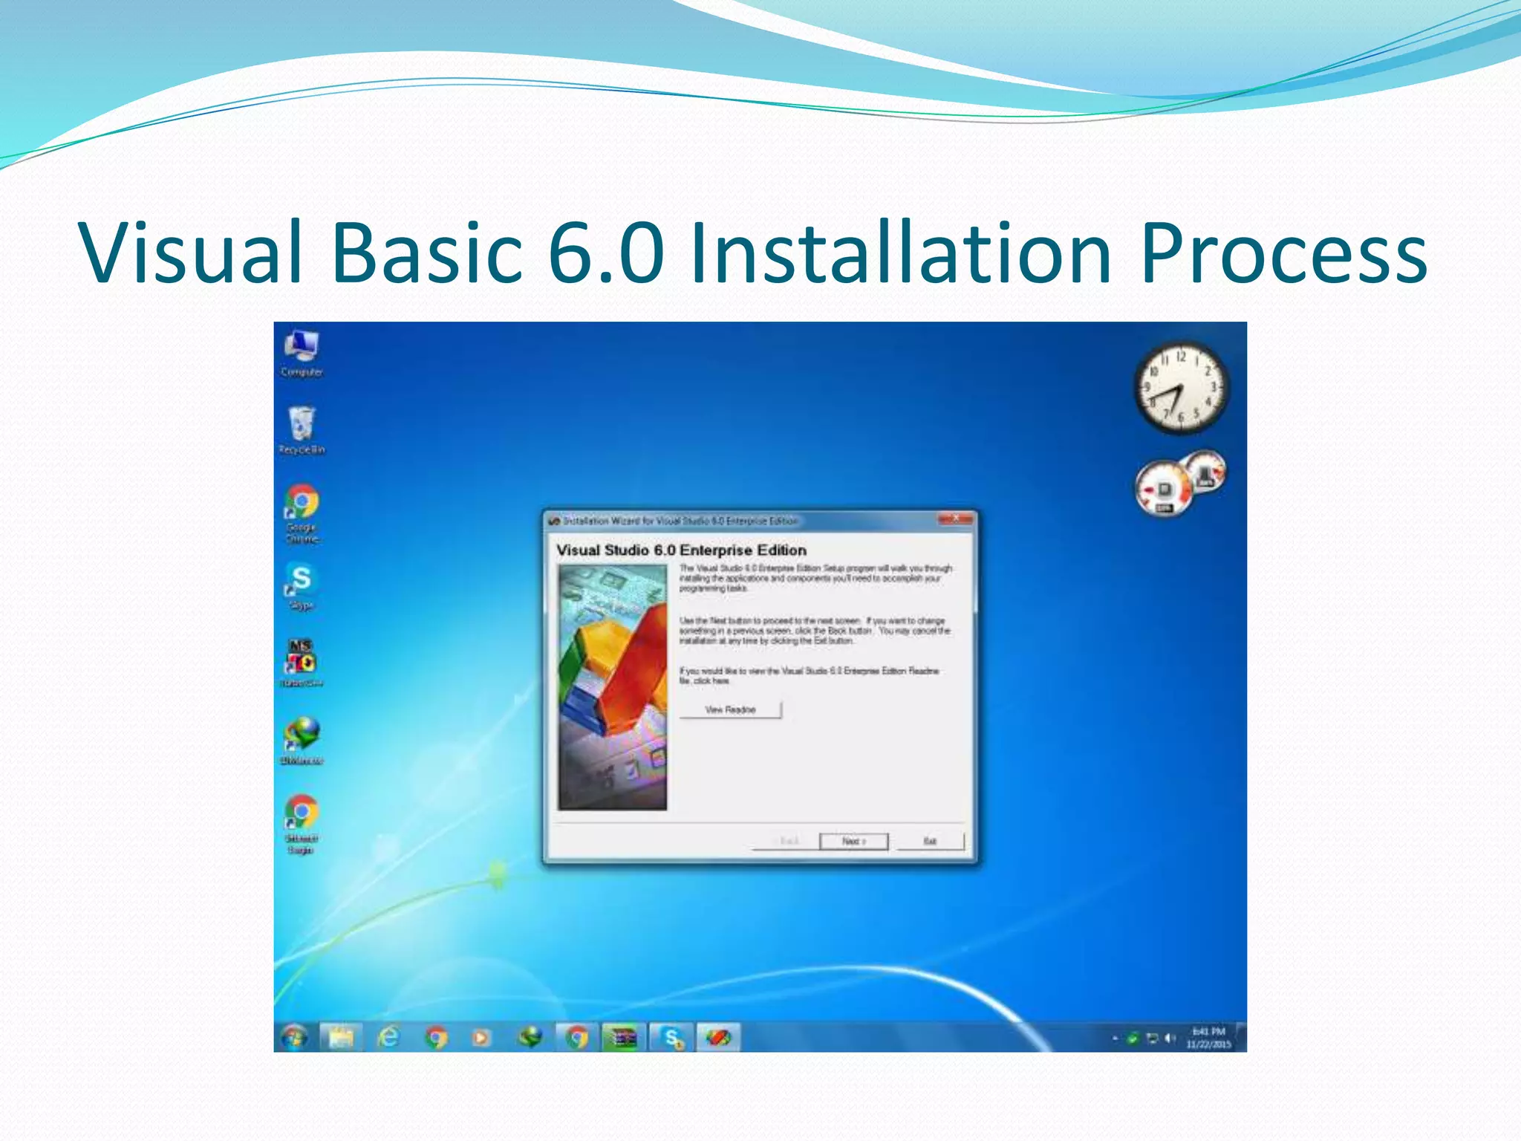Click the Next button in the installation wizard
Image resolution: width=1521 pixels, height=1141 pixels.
[853, 841]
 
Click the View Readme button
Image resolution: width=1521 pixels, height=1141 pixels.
[730, 709]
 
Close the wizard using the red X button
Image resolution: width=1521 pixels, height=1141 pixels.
[955, 519]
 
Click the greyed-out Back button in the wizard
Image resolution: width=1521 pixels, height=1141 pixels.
[786, 841]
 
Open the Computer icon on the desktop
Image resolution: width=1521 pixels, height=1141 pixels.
[302, 352]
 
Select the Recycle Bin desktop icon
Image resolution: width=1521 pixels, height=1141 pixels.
[302, 429]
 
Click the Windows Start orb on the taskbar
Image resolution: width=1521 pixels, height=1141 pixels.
[295, 1037]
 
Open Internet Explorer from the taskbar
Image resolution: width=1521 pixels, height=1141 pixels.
[388, 1037]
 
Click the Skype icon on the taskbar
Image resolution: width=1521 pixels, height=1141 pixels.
[672, 1037]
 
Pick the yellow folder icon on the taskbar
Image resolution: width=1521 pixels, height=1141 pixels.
[341, 1037]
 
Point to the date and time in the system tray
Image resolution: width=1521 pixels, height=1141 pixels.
[1208, 1038]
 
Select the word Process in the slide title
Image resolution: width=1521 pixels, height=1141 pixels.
[1283, 253]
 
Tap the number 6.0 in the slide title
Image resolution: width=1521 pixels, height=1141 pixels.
[606, 253]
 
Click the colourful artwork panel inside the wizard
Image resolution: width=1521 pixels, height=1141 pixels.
[613, 687]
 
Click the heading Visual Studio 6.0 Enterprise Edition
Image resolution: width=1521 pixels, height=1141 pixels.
[681, 550]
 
